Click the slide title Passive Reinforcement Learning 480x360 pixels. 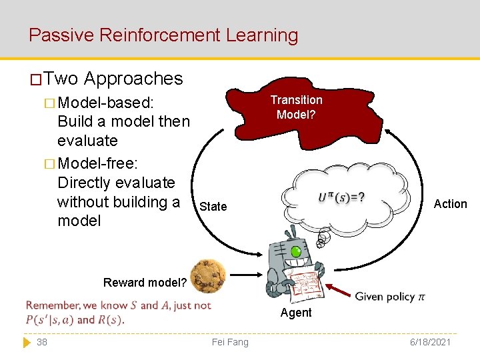coord(163,35)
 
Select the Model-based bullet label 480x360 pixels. coord(106,103)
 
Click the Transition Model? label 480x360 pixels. coord(296,107)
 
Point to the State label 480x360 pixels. coord(213,206)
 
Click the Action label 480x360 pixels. coord(450,204)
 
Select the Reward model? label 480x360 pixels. coord(145,282)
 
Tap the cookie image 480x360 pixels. coord(207,275)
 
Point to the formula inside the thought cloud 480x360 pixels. coord(341,198)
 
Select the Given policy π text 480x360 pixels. coord(389,296)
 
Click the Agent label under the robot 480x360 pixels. coord(296,313)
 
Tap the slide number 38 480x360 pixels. coord(42,342)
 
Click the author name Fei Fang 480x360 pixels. coord(229,342)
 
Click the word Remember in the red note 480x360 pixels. coord(51,306)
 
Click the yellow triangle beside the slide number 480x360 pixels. coord(27,342)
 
